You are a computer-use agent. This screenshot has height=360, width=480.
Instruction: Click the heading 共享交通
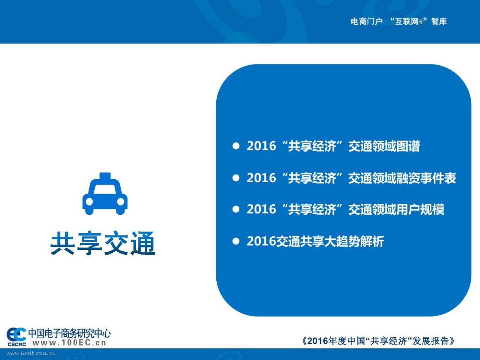point(103,243)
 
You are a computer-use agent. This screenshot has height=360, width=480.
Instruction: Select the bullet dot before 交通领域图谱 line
point(236,146)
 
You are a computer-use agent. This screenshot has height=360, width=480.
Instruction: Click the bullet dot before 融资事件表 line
point(236,178)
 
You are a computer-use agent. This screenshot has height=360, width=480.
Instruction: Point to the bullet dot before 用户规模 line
point(236,209)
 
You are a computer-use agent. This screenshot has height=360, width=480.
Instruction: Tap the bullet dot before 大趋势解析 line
point(236,241)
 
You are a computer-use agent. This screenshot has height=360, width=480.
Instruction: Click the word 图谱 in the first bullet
point(408,146)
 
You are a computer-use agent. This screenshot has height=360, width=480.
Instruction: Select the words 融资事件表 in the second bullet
point(426,178)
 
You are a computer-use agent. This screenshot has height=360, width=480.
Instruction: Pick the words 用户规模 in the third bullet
point(420,209)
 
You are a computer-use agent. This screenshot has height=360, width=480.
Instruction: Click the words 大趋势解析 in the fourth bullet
point(354,241)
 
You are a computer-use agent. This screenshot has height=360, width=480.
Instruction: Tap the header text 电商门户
point(367,22)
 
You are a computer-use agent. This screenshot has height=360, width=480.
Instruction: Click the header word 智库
point(439,22)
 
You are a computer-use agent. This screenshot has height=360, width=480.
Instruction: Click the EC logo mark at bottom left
point(16,337)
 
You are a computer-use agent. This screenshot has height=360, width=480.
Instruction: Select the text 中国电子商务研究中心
point(69,333)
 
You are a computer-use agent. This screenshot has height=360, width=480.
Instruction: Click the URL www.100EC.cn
point(69,343)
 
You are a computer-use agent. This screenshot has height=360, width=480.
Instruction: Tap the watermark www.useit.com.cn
point(31,354)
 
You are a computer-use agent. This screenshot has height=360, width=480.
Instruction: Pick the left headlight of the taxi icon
point(89,201)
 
